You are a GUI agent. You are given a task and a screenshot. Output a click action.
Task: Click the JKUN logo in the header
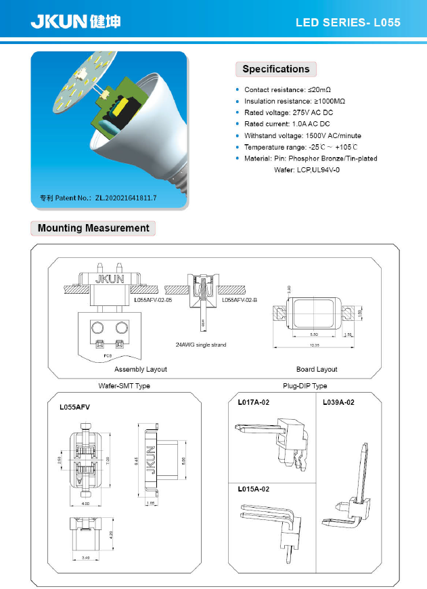coord(75,22)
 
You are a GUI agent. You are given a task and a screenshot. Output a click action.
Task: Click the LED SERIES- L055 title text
coord(348,22)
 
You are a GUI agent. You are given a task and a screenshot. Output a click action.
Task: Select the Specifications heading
coord(275,69)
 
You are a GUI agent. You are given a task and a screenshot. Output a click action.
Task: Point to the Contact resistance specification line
coord(287,90)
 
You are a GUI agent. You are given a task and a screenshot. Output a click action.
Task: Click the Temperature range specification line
coord(300,147)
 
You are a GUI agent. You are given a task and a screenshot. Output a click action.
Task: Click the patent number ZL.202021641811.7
coord(126,198)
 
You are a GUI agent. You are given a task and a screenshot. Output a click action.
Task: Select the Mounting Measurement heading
coord(93,228)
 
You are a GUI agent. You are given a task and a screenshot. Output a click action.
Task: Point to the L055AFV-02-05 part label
coord(153,299)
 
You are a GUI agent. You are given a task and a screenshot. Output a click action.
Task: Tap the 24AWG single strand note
coord(201,345)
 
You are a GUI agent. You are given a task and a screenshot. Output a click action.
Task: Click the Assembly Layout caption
coord(140,369)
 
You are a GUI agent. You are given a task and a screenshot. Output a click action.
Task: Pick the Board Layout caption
coord(317,369)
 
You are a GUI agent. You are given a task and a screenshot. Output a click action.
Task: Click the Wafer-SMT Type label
coord(125,386)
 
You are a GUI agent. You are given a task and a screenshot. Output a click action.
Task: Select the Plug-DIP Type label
coord(305,386)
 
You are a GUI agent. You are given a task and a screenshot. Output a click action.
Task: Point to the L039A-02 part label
coord(338,402)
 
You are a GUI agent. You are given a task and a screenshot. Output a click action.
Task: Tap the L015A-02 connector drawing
coord(271,525)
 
